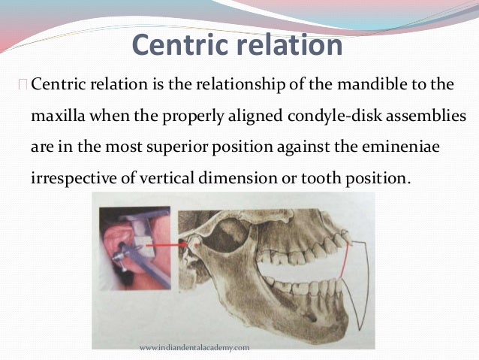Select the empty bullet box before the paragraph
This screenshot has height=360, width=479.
pyautogui.click(x=25, y=84)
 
